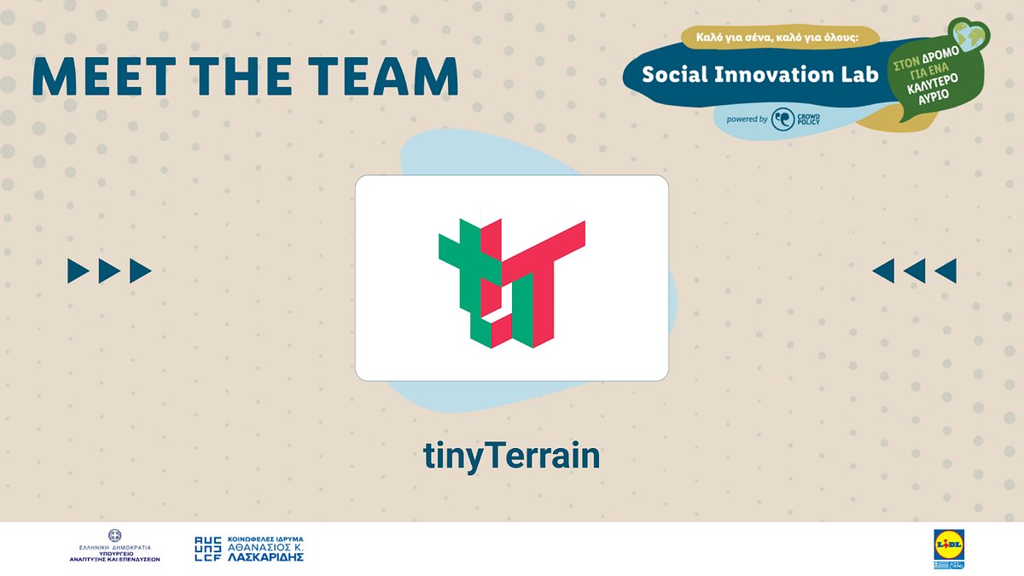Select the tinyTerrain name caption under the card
pos(512,456)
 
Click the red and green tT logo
pos(511,282)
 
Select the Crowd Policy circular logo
pos(783,119)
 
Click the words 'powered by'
pos(747,119)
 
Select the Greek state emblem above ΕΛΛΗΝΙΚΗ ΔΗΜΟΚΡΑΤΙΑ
pos(114,535)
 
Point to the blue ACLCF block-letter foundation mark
pos(209,549)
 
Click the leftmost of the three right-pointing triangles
pos(79,271)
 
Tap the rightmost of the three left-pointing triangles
pos(945,271)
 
